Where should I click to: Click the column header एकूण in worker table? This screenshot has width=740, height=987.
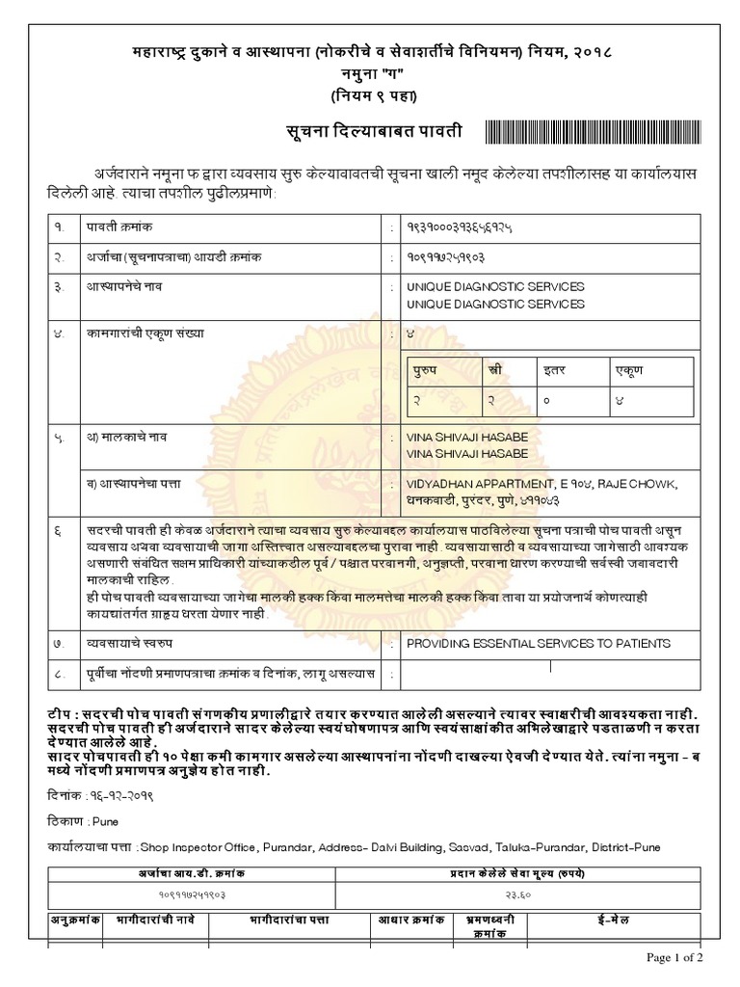628,370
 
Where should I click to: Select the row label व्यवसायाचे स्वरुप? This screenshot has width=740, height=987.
135,641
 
